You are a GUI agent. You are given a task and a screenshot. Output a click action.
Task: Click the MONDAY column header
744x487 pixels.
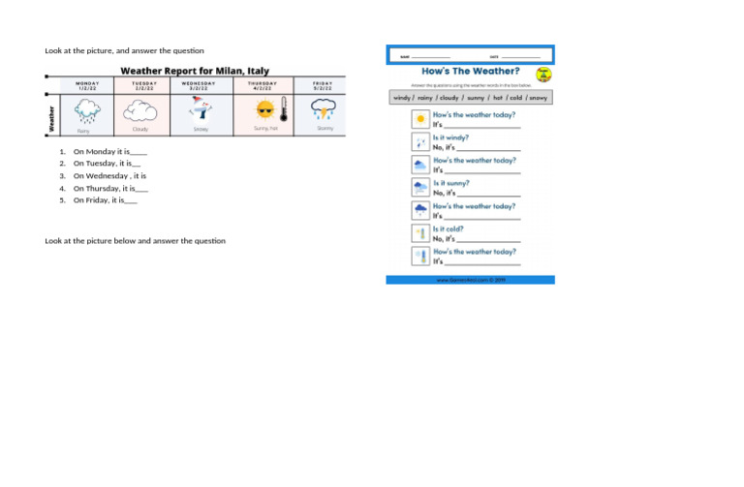[x=87, y=86]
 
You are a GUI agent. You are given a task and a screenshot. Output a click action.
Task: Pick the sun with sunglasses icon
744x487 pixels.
[x=262, y=111]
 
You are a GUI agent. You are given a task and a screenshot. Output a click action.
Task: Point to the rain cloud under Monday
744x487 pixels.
[x=86, y=112]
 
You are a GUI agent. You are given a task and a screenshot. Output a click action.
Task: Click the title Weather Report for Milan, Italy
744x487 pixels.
[x=194, y=71]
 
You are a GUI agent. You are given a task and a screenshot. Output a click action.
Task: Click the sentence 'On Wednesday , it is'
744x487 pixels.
[x=109, y=176]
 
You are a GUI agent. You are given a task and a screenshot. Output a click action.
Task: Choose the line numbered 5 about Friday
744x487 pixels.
[x=105, y=200]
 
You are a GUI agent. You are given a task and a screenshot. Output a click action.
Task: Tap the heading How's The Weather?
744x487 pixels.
[x=470, y=71]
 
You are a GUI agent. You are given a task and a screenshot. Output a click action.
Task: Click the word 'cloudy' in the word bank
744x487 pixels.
[x=449, y=98]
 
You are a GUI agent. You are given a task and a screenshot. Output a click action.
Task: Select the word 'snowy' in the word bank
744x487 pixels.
[x=538, y=98]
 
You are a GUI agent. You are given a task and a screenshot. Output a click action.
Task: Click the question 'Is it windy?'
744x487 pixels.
[x=450, y=138]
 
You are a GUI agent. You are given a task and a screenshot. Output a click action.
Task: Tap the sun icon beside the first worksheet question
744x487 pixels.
[x=419, y=119]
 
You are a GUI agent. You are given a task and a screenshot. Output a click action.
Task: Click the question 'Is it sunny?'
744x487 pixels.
[x=451, y=183]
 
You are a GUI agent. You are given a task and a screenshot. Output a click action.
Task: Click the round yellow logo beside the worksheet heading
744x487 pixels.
[x=543, y=74]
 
